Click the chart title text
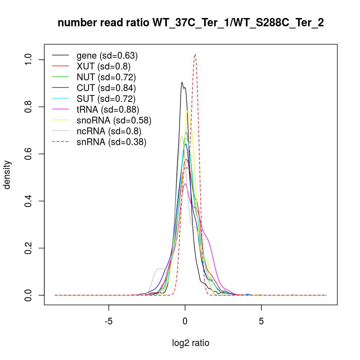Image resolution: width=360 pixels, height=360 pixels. [190, 23]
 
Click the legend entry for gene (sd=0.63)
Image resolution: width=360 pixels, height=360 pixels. [107, 56]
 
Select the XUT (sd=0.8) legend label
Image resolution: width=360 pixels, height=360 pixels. [103, 67]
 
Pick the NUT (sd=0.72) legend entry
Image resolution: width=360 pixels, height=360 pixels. [106, 77]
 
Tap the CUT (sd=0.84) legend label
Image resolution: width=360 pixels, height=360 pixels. [106, 88]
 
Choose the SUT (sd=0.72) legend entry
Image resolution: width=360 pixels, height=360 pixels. [106, 99]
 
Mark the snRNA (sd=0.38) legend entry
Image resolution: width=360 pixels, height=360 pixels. [111, 142]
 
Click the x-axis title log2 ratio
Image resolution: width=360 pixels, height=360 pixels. [191, 343]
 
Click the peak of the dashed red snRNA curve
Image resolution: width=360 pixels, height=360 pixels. [195, 54]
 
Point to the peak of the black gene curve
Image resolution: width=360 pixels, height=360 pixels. [182, 82]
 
